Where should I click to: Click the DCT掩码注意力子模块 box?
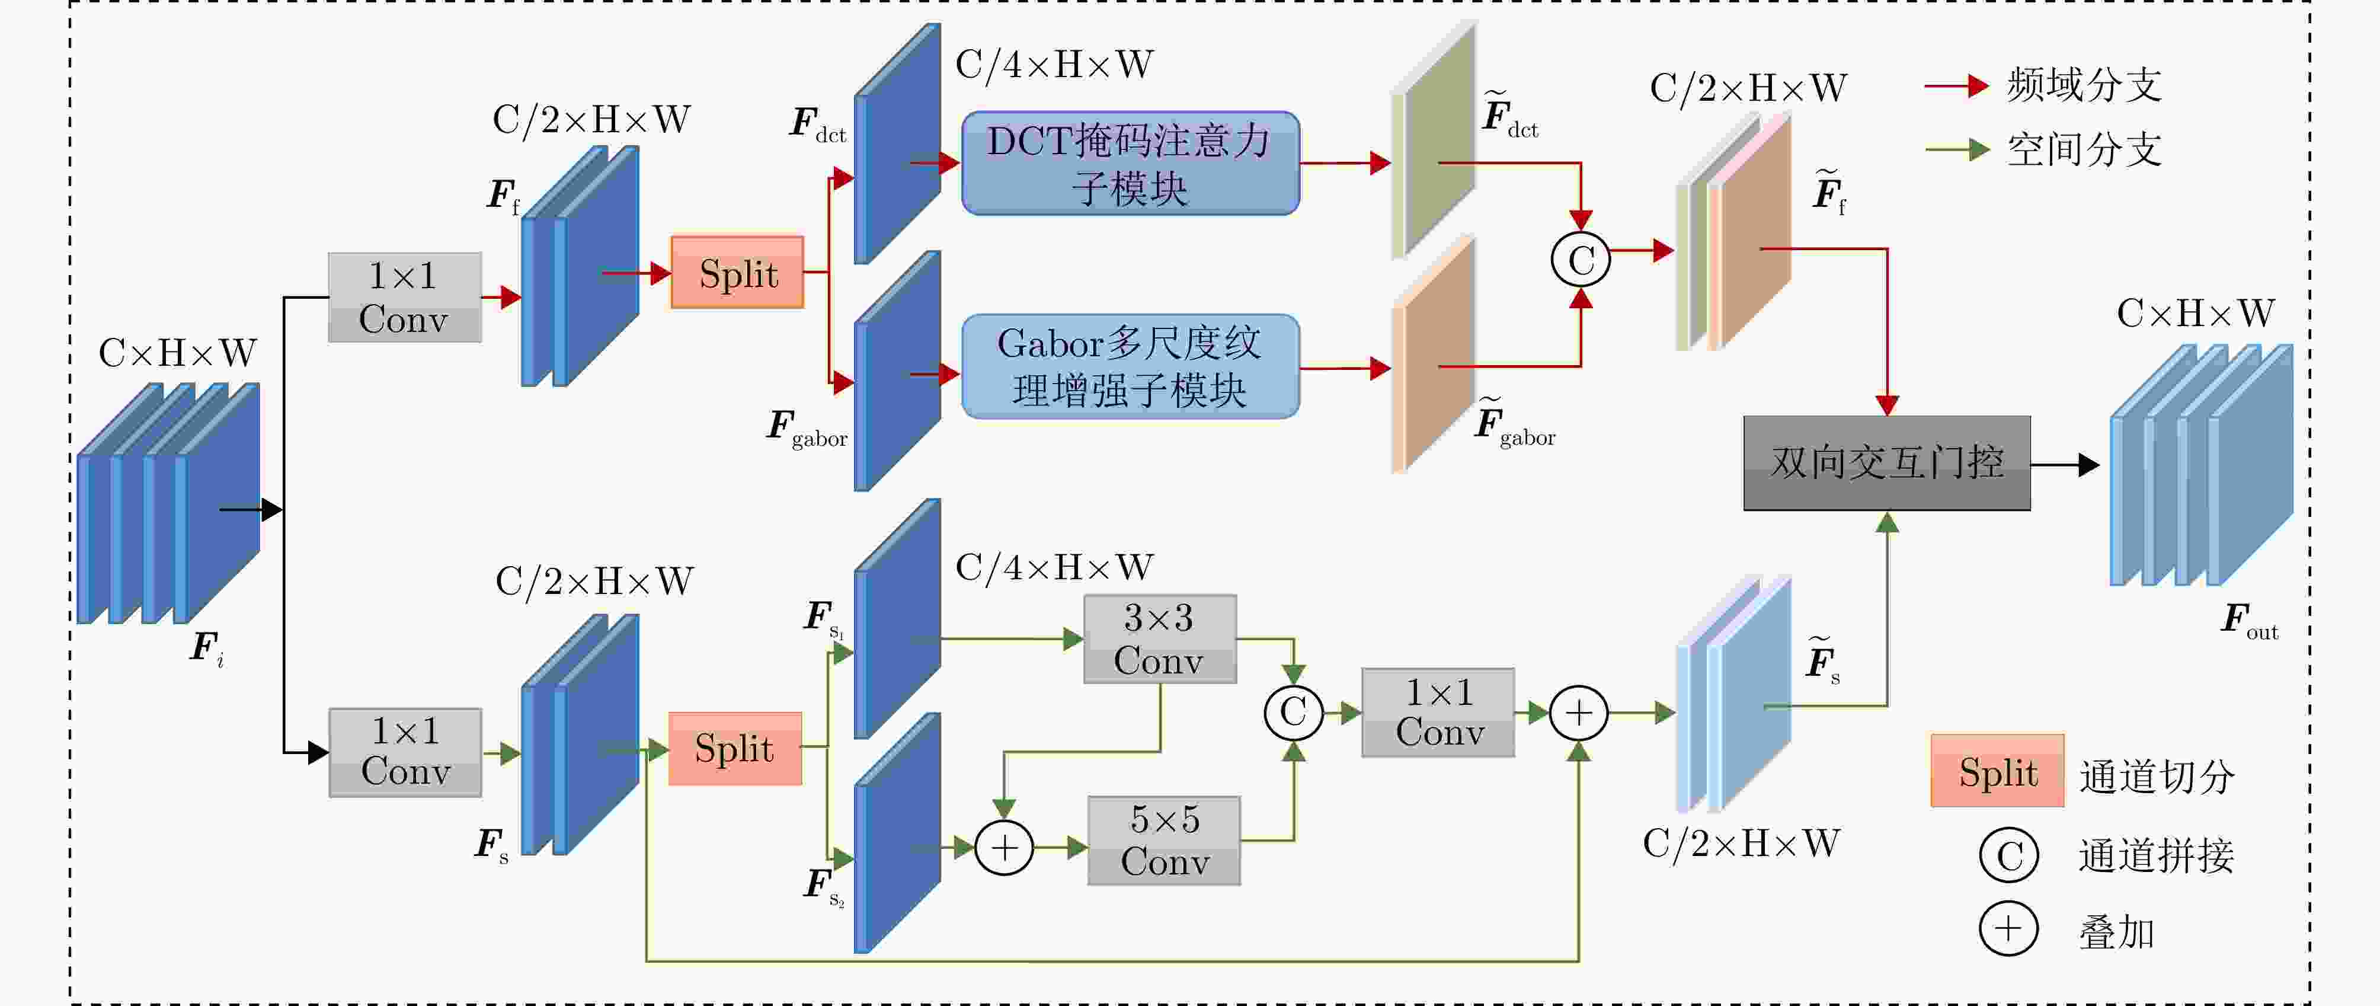click(1130, 164)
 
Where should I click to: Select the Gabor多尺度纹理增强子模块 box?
click(1130, 367)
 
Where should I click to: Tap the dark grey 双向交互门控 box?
click(1886, 463)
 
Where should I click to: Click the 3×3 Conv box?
click(1160, 639)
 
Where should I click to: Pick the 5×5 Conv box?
click(1164, 841)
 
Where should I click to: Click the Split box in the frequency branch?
click(737, 273)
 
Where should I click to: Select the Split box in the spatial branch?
click(734, 748)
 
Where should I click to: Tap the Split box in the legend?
click(1998, 771)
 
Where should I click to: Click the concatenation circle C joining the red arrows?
click(1581, 260)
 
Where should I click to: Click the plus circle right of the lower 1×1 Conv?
click(1579, 713)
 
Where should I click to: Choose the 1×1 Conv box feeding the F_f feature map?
click(405, 298)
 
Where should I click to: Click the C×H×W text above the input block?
click(177, 353)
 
